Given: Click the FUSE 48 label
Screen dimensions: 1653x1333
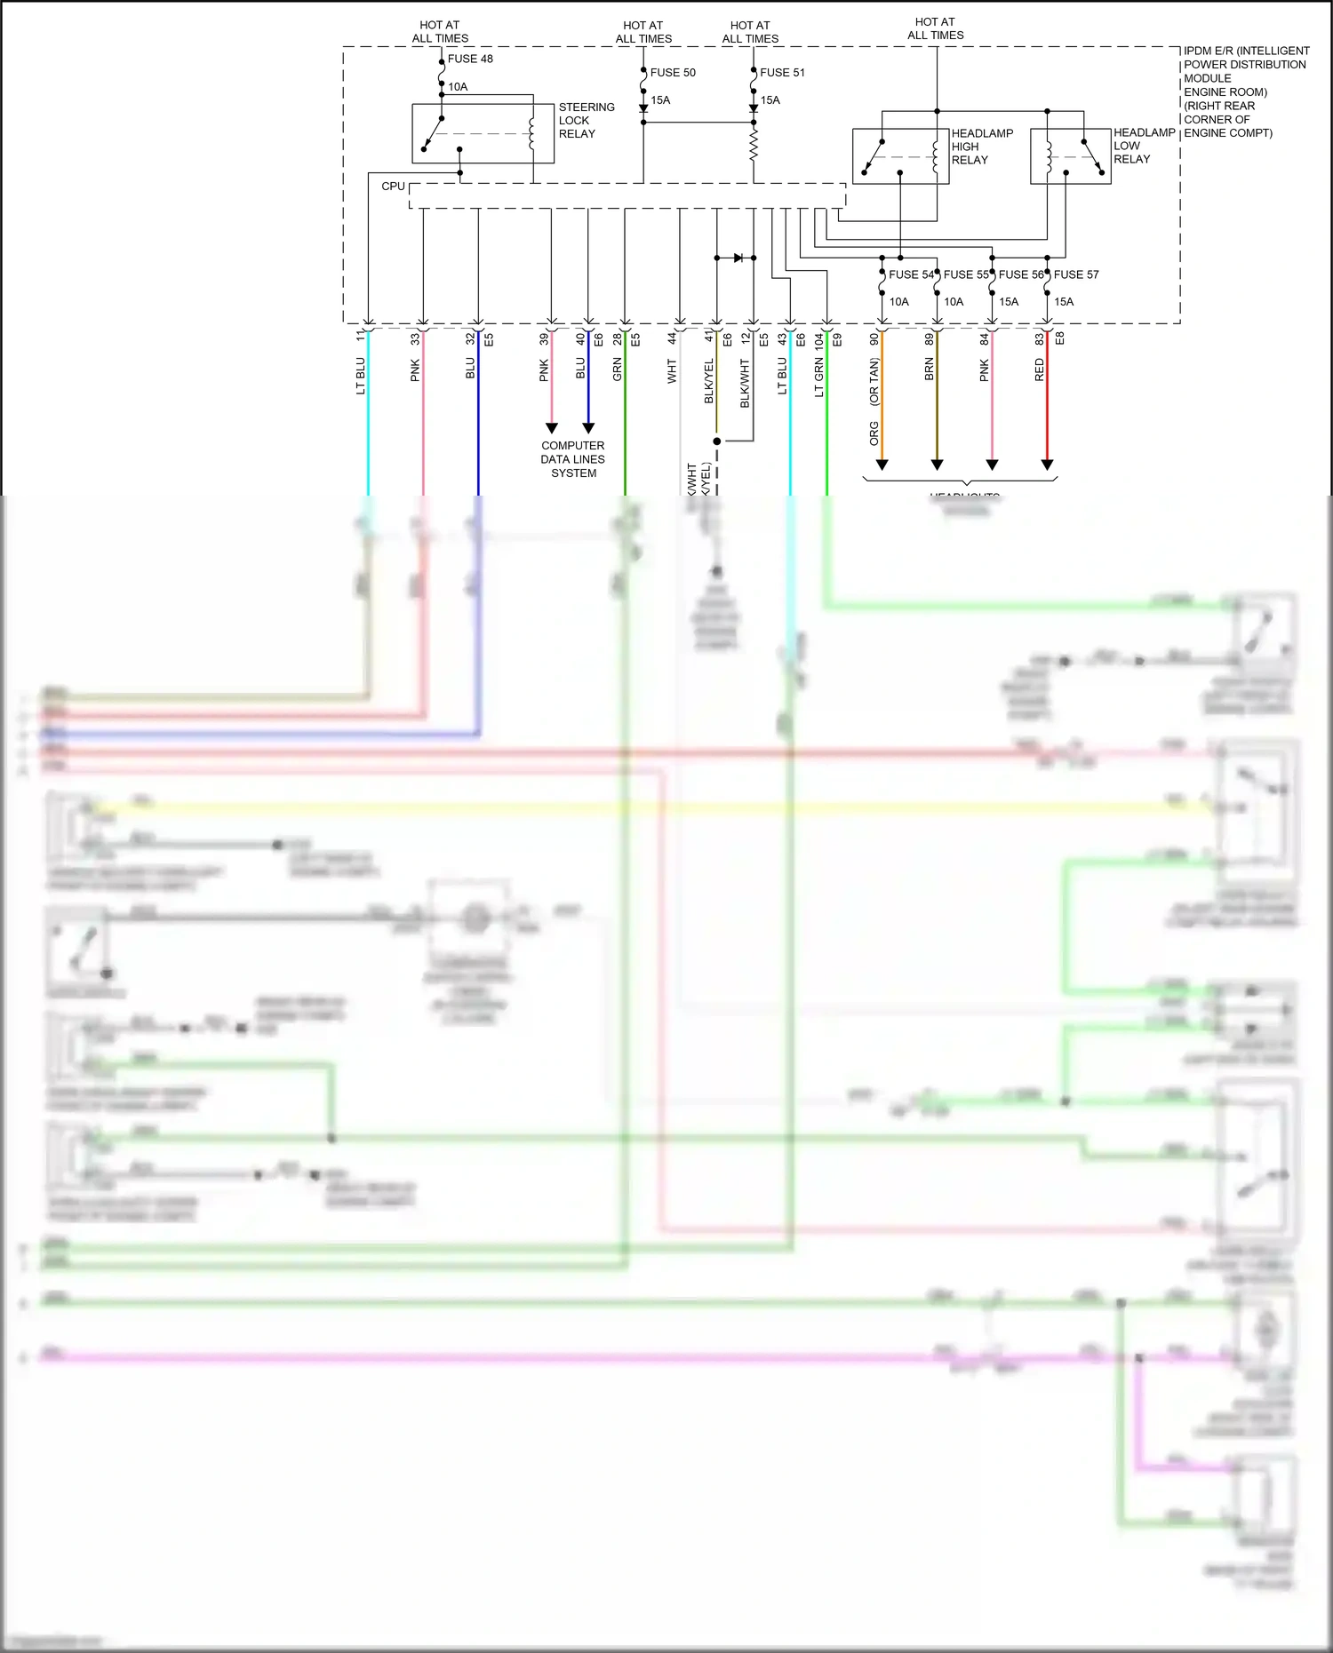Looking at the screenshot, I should (469, 59).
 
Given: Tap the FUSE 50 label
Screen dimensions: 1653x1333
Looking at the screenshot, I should (673, 73).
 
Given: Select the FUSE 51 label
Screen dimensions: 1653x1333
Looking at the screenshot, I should (782, 73).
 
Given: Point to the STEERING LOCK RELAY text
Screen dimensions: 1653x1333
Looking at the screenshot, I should (586, 120).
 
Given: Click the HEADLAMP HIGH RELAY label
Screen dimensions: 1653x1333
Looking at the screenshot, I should (981, 147).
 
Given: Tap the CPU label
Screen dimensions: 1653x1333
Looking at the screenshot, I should (393, 187).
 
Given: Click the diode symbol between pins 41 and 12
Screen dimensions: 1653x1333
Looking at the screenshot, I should (738, 258).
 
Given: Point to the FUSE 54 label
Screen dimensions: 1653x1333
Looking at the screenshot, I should (911, 274).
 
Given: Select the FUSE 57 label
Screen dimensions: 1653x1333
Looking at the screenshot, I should (1076, 274).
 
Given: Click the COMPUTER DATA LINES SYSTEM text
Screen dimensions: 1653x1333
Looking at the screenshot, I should (573, 459).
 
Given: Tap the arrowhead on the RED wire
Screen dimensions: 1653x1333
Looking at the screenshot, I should (1047, 465).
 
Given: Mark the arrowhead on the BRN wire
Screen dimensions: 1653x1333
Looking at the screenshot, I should (937, 465).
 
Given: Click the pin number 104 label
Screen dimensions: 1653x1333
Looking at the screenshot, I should (819, 341).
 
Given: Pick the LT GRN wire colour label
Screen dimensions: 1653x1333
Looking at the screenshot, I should (819, 377).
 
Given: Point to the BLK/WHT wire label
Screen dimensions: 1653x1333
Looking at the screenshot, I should (745, 384).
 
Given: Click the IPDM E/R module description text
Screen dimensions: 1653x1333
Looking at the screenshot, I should (1244, 91).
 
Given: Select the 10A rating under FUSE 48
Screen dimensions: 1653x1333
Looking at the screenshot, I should (458, 87).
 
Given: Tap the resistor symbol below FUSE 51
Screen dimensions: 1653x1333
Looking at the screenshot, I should (754, 145).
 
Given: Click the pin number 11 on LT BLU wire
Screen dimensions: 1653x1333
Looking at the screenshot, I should (360, 336).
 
